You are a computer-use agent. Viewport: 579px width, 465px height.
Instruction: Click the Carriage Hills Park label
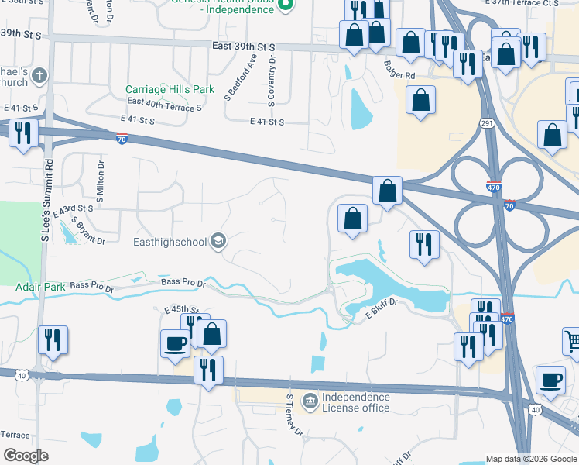point(170,89)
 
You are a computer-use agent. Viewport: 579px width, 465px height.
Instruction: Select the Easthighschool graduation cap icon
point(219,242)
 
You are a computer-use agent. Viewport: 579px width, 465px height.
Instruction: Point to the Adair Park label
point(40,287)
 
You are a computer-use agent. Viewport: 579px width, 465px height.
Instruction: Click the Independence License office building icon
point(310,401)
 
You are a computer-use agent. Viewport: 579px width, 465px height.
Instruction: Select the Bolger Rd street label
point(399,75)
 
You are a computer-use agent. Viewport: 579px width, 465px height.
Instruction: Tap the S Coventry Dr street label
point(273,78)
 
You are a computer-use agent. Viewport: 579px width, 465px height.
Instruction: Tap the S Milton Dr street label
point(100,182)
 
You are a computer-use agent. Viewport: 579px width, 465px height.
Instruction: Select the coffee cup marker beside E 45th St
point(175,342)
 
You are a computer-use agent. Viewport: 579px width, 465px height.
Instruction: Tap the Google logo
point(26,456)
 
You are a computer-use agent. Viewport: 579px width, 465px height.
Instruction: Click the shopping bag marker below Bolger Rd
point(420,101)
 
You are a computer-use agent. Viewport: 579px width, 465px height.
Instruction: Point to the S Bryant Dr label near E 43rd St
point(87,231)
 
